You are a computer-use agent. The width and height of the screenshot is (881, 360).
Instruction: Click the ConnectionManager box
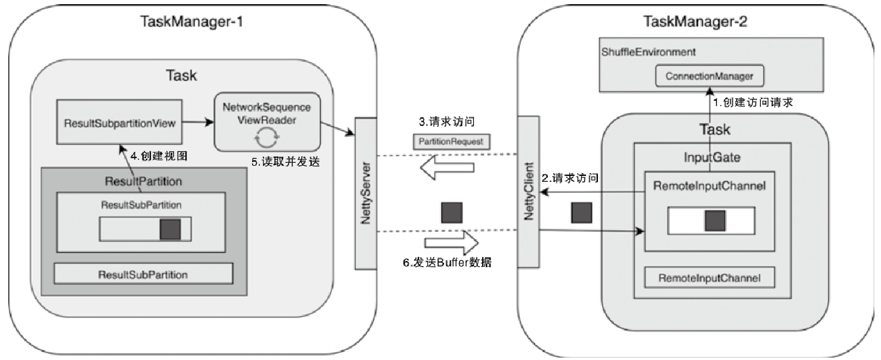pyautogui.click(x=709, y=76)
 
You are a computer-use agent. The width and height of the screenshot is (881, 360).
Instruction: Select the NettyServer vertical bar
pyautogui.click(x=366, y=193)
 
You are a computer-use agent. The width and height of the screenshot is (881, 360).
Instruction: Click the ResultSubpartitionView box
pyautogui.click(x=119, y=122)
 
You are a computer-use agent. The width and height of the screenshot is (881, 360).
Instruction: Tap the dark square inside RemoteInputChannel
pyautogui.click(x=715, y=220)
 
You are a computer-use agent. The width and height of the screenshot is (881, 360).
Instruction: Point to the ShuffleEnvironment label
pyautogui.click(x=648, y=52)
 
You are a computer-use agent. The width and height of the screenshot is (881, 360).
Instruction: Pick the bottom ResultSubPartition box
pyautogui.click(x=143, y=275)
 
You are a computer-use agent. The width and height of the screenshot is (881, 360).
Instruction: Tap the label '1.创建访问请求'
pyautogui.click(x=753, y=102)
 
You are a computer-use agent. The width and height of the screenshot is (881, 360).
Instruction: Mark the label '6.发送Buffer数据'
pyautogui.click(x=448, y=262)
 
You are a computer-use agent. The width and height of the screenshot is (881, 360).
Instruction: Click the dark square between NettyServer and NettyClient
pyautogui.click(x=451, y=213)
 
